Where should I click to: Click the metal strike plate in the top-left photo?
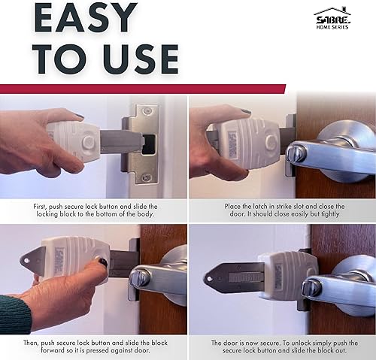143,143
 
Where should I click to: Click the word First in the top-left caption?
43,206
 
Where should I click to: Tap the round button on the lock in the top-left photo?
89,141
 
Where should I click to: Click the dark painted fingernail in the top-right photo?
245,112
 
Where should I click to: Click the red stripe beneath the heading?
143,89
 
